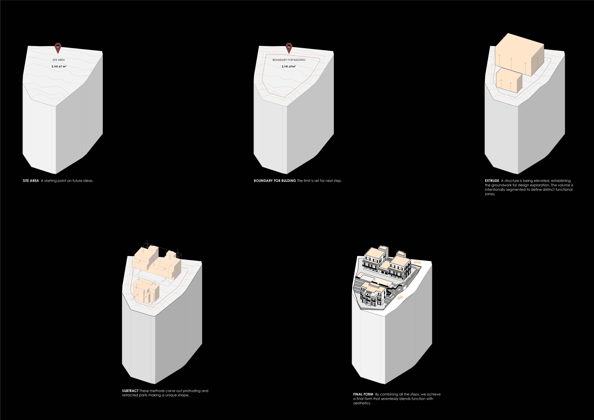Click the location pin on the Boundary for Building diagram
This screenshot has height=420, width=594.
[x=289, y=48]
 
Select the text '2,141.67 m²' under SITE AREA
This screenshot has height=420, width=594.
[x=59, y=66]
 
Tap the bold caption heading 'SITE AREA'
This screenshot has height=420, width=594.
[x=31, y=181]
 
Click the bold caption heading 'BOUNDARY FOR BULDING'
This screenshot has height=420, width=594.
[x=275, y=181]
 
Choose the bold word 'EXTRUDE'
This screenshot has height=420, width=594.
[x=492, y=181]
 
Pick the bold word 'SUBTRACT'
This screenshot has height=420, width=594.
[x=130, y=391]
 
